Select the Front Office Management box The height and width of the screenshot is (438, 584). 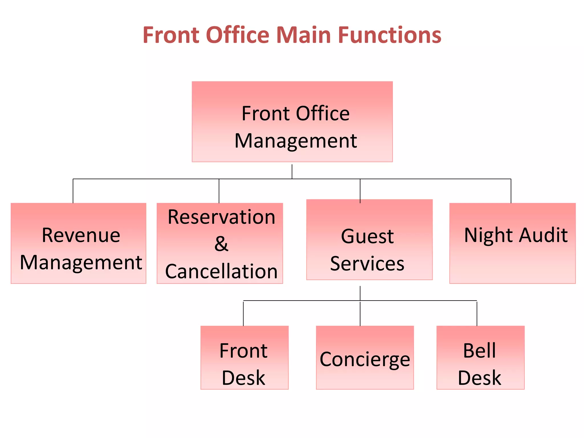point(292,122)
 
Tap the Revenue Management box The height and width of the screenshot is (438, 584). point(78,243)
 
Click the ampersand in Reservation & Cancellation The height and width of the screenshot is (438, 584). point(221,244)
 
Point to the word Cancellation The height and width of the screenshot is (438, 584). point(221,271)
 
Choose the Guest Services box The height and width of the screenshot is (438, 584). point(369,240)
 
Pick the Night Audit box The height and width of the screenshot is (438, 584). point(512,243)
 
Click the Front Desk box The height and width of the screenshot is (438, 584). point(244,357)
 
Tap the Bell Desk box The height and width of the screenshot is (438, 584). point(480,357)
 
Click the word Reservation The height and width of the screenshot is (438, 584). point(221,217)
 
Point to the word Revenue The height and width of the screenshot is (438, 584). point(81,236)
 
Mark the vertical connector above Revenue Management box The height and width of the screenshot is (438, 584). point(73,191)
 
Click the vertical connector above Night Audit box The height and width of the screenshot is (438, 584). point(511,191)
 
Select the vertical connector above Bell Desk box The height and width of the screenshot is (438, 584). point(477,313)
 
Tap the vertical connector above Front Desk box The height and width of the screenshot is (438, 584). point(243,313)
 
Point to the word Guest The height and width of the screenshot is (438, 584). point(367,236)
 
